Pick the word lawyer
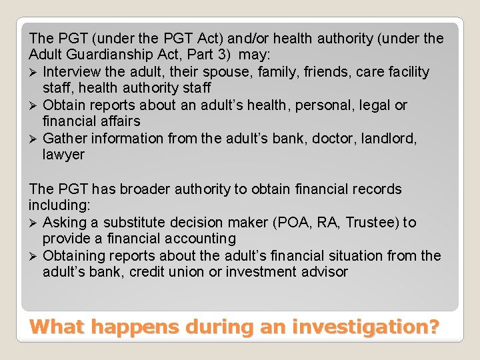(x=63, y=155)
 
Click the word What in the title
(x=58, y=327)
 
